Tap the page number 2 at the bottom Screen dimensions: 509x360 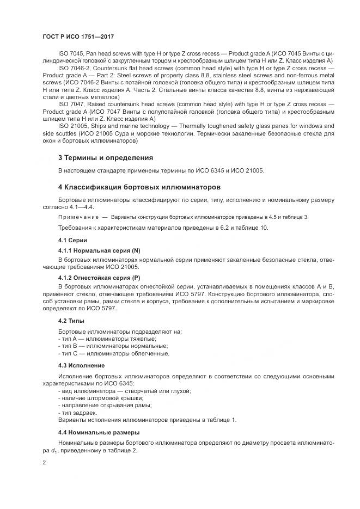[45, 462]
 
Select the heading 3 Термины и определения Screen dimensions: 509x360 [105, 158]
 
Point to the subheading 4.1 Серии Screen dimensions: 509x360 [72, 240]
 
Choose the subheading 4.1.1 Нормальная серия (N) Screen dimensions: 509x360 [99, 250]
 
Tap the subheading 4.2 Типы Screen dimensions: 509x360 [71, 321]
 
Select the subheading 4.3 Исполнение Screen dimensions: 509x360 [81, 365]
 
